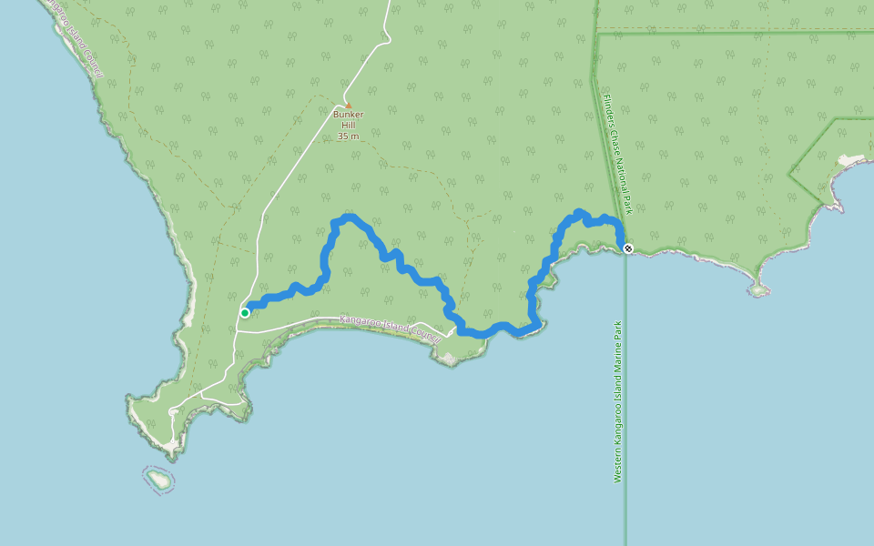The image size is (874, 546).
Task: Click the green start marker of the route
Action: pos(245,313)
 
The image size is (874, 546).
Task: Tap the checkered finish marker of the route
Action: pos(628,248)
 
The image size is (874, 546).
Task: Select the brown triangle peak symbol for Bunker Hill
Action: pos(348,106)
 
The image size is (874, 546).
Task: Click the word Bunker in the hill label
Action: pos(348,116)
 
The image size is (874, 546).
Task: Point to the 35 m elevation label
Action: pos(348,136)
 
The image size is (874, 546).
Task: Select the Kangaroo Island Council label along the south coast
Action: pos(390,328)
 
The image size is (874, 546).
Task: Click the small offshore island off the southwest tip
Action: pos(158,478)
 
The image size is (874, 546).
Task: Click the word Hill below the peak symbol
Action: pos(348,126)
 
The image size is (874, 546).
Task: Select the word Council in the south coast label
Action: pos(424,334)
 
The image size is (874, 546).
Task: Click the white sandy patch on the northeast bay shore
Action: pos(851,161)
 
